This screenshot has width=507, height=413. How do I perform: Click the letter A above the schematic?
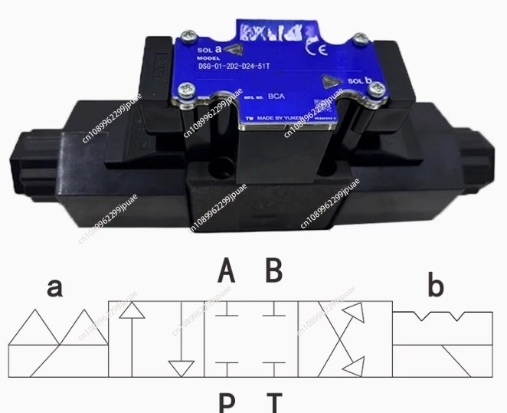tap(226, 270)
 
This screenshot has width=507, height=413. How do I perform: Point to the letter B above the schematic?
tap(274, 270)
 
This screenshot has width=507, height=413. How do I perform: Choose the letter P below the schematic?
tap(227, 402)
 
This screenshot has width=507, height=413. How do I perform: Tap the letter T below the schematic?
tap(273, 402)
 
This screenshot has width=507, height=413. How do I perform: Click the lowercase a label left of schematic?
tap(55, 287)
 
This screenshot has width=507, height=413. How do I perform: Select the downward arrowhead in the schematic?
tap(181, 368)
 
